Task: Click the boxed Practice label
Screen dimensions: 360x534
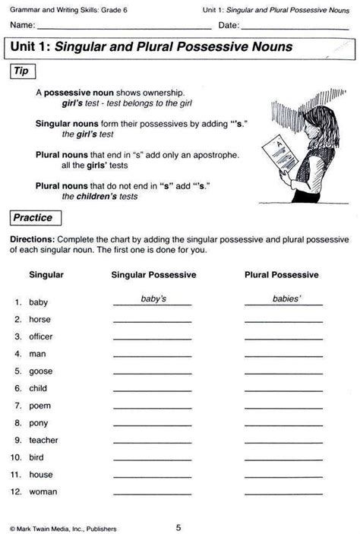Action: pos(32,217)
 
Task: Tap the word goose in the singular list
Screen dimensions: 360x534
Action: pos(41,371)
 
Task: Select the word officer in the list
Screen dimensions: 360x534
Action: pos(41,337)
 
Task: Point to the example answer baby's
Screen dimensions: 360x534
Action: pos(153,299)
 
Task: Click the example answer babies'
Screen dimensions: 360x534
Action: pos(287,299)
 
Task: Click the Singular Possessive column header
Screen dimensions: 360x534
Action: pos(153,274)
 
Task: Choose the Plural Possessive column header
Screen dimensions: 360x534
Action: pos(282,274)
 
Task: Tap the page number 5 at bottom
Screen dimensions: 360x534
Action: pos(178,526)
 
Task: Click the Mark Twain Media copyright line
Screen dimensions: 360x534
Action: pos(64,527)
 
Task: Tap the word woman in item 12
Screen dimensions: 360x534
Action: pos(43,491)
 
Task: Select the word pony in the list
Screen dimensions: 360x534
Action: pos(39,422)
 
